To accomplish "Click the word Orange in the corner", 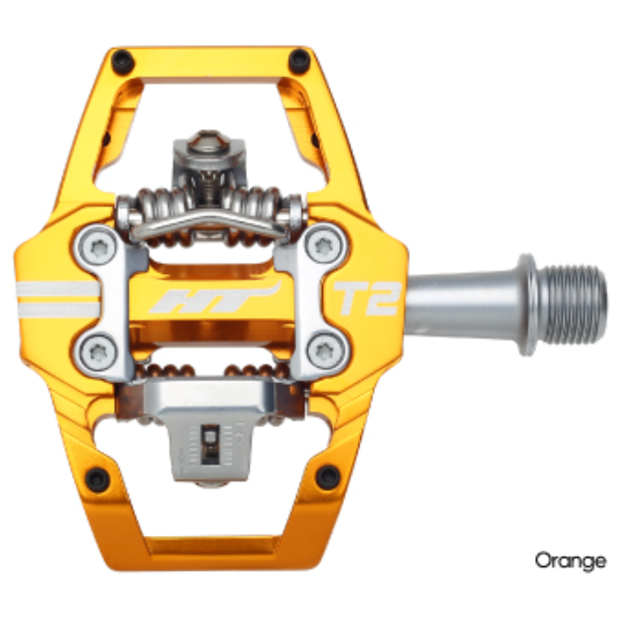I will tap(570, 560).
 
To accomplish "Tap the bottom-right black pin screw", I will tap(329, 477).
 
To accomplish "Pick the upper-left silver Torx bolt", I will tap(99, 247).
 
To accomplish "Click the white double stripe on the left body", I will tap(57, 298).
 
